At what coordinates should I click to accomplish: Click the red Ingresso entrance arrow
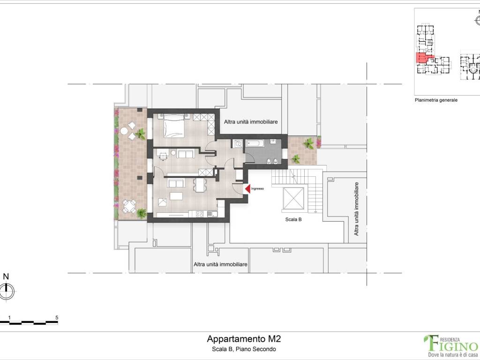point(247,188)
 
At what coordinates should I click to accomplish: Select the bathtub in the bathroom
point(255,144)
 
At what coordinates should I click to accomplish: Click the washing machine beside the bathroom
point(238,144)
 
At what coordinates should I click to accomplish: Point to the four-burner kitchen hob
point(199,214)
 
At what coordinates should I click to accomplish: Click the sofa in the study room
point(186,154)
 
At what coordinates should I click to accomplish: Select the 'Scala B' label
point(293,219)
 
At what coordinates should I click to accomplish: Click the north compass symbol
point(6,292)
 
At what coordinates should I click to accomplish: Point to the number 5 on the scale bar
point(57,317)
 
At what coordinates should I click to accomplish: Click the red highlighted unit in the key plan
point(422,58)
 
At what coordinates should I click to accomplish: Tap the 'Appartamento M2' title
point(244,338)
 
